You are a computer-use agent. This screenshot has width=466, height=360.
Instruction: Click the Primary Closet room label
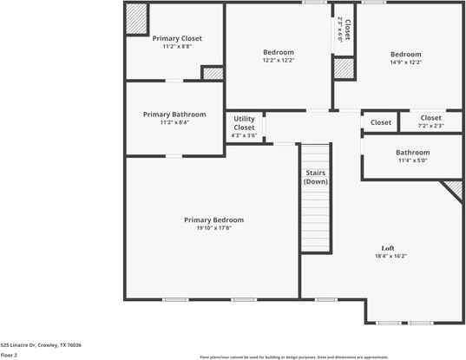(176, 38)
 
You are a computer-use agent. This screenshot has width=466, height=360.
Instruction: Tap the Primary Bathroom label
(174, 115)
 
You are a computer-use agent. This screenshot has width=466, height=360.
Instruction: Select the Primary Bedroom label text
(213, 219)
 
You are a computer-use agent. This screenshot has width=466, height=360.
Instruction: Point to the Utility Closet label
(244, 123)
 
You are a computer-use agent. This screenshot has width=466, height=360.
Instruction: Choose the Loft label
(388, 248)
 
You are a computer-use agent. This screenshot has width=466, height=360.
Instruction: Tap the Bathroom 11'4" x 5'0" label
(413, 153)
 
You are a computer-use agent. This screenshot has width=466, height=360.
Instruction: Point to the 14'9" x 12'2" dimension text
(405, 62)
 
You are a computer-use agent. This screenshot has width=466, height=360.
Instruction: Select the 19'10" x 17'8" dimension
(213, 228)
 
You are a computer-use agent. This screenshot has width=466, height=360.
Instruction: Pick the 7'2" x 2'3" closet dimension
(430, 127)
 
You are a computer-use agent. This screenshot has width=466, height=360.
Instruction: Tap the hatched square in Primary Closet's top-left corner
(136, 19)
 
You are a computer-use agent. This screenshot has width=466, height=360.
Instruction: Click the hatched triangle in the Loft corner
(454, 189)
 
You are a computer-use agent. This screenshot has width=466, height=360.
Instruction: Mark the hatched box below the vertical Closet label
(345, 68)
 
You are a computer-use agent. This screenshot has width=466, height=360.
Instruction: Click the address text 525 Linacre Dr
(41, 345)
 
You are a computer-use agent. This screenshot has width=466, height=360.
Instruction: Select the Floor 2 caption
(9, 355)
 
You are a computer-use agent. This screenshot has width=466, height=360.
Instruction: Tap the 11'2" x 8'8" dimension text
(176, 47)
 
